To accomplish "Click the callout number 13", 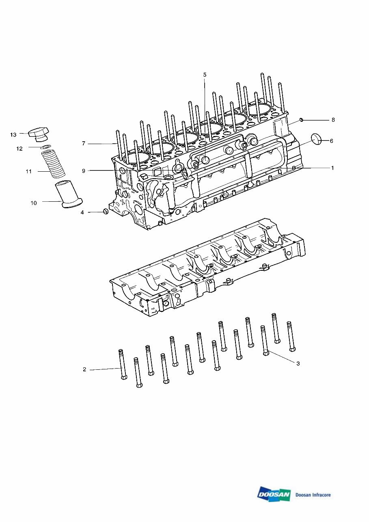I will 13,134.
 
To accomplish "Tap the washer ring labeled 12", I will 46,147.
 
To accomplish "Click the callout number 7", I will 84,144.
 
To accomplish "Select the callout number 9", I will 84,171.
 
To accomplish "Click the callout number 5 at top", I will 205,75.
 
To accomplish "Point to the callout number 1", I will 332,168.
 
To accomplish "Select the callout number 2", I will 84,369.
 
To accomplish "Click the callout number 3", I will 298,364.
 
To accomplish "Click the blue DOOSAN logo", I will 274,494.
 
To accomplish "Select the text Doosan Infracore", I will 313,495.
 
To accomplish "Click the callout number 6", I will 331,141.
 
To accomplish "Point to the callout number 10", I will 34,203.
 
